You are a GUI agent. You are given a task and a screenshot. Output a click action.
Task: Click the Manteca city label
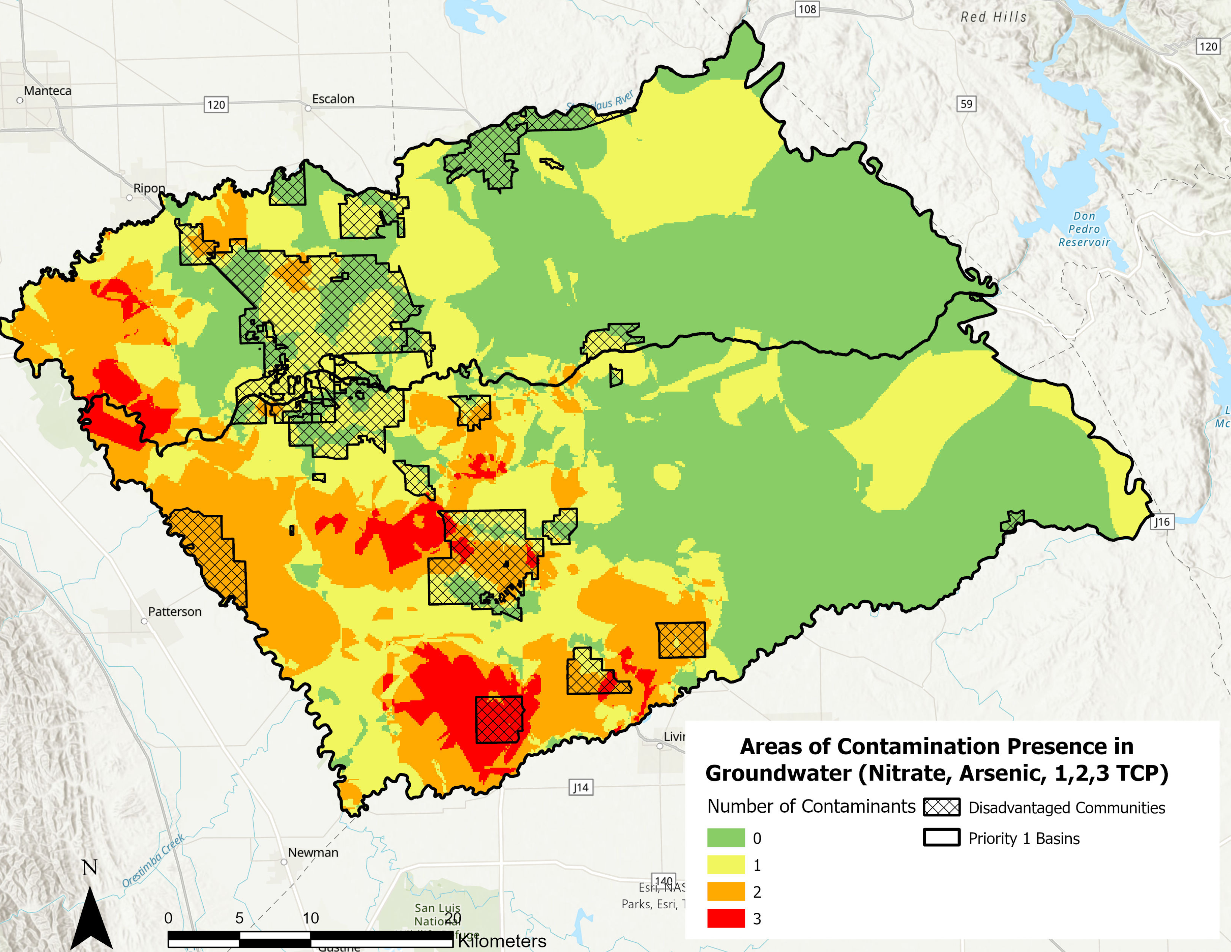tap(47, 91)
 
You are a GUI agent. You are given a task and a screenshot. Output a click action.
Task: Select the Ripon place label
tap(149, 188)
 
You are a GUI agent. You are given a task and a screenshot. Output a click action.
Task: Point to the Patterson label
tap(174, 612)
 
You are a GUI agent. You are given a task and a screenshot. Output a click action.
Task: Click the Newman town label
tap(313, 852)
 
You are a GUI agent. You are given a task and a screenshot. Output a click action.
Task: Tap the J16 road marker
tap(1162, 522)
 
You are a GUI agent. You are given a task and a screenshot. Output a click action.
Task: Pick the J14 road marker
tap(580, 787)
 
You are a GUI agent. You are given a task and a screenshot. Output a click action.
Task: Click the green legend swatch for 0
tap(726, 838)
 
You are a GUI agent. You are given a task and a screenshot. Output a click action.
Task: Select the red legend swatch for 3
tap(726, 919)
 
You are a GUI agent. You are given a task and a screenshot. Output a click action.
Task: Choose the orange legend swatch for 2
tap(726, 892)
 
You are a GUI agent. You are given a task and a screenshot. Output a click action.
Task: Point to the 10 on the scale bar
tap(311, 918)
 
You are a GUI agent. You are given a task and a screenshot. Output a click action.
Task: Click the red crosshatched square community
tap(499, 720)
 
